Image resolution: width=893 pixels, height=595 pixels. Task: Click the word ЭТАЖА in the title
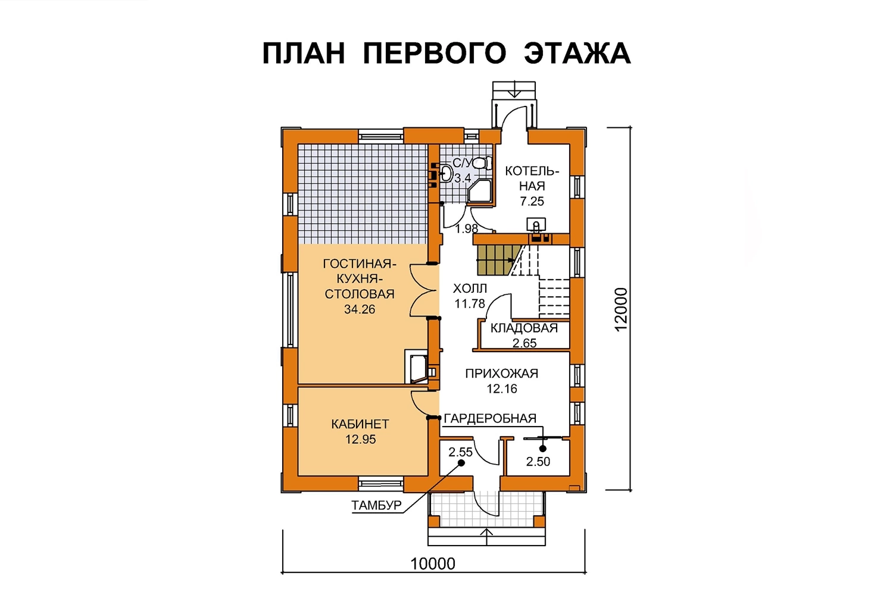pos(577,53)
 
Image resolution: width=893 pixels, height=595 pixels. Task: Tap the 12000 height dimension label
pos(621,309)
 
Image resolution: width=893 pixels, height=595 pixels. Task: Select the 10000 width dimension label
pos(433,564)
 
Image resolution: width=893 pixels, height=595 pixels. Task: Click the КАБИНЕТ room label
pos(360,424)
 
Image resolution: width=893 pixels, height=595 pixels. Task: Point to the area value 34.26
pos(360,309)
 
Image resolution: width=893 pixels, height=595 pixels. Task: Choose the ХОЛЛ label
pos(470,288)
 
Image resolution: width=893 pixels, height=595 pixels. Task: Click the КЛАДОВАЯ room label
pos(524,328)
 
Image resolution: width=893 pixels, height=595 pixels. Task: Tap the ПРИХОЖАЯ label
pos(501,374)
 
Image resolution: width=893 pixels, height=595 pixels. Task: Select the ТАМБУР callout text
pos(376,505)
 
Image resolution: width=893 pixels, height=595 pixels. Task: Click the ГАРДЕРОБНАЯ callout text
pos(490,418)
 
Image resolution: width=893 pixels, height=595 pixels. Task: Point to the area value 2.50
pos(538,462)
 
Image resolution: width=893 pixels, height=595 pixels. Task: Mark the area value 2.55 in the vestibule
pos(460,452)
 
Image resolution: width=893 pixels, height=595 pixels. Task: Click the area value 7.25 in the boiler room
pos(532,201)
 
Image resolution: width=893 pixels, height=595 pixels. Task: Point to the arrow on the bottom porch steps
pos(487,536)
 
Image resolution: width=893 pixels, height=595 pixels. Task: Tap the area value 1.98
pos(466,228)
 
